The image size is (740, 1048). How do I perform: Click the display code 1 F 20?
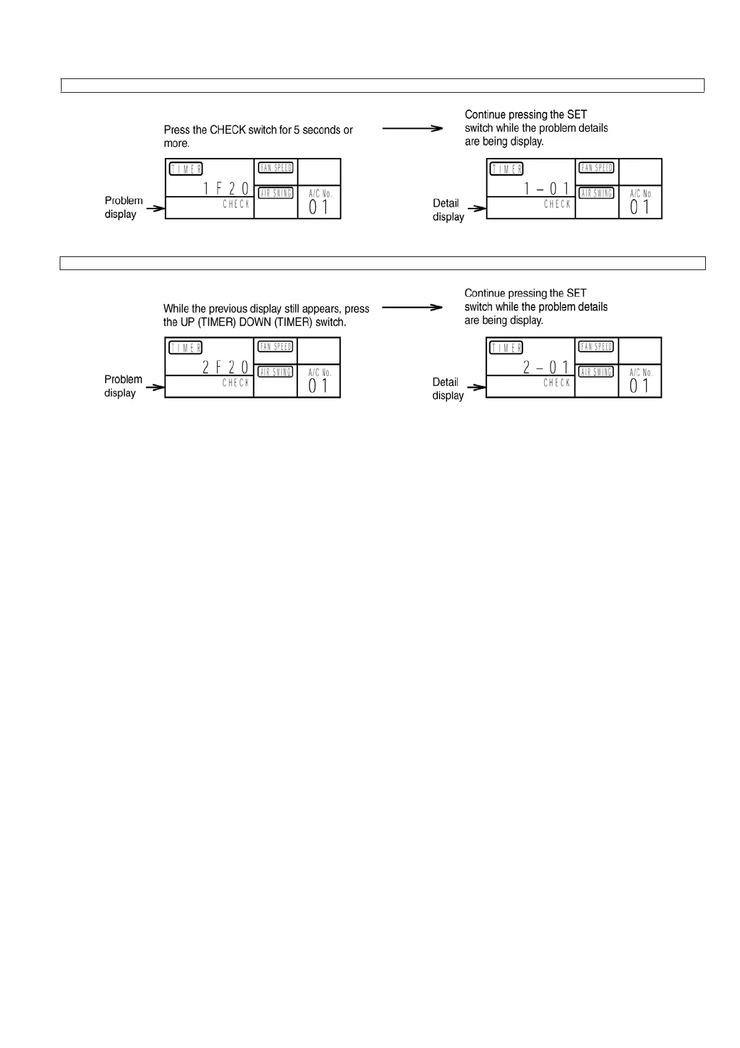226,189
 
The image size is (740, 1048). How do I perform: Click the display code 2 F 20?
226,367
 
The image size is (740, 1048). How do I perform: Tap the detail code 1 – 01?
547,189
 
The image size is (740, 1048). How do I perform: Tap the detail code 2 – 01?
546,367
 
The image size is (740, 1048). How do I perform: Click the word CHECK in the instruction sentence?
228,130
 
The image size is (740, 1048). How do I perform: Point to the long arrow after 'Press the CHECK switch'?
412,128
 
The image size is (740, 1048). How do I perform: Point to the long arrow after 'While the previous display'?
412,307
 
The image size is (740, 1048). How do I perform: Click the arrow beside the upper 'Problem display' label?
155,208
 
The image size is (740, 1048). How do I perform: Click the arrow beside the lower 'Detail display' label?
476,388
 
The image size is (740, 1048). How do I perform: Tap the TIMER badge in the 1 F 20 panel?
186,169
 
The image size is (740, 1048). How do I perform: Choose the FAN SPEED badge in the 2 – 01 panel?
596,347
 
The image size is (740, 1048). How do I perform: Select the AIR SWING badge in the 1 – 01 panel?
596,193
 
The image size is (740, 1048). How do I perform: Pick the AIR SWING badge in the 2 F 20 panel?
275,372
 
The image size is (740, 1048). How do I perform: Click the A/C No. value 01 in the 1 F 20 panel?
318,207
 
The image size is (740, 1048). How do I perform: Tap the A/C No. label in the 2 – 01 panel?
641,372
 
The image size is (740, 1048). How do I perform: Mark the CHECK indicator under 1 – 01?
557,204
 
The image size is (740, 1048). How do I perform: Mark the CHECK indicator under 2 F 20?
236,383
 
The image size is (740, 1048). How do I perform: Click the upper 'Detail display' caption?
448,210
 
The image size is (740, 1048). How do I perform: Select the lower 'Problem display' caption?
123,386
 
